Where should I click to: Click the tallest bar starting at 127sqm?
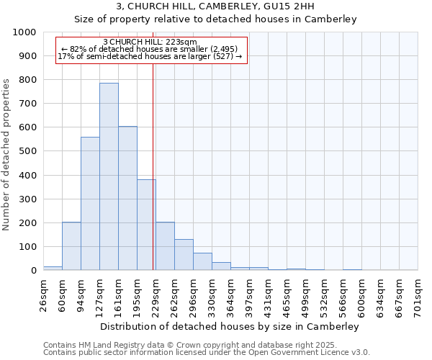[x=109, y=176]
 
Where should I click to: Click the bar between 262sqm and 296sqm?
[x=184, y=255]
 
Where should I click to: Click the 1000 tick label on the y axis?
[x=24, y=32]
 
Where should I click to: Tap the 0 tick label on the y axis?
[x=34, y=271]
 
